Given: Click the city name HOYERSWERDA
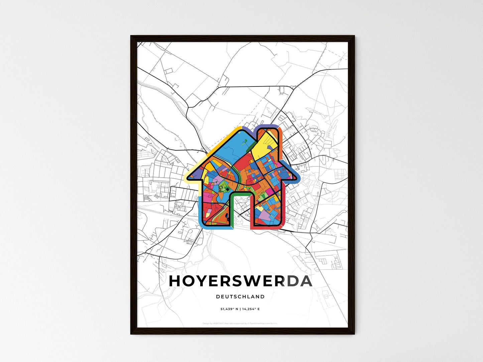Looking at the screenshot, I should (241, 281).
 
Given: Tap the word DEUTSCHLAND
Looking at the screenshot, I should (240, 297).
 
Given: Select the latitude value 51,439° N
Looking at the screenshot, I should (229, 309).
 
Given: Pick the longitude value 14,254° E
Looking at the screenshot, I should (251, 309).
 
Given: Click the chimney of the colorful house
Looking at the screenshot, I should (267, 132).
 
